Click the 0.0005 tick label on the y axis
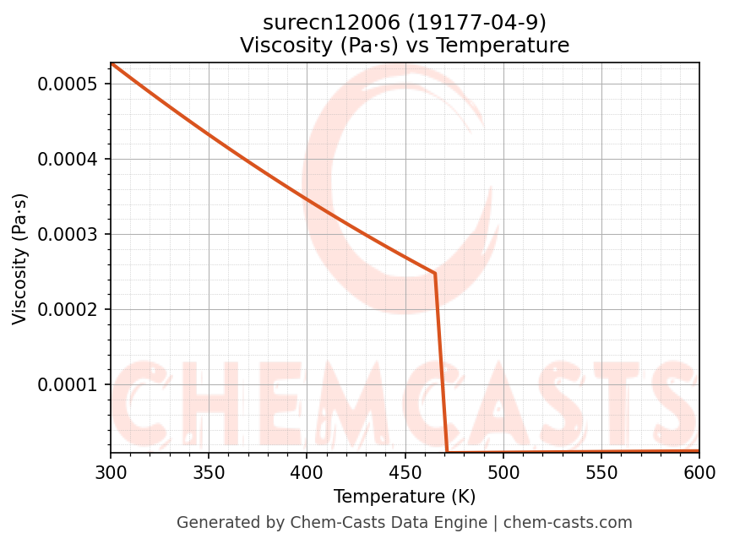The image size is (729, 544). tap(68, 84)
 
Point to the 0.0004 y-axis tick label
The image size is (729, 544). tap(68, 160)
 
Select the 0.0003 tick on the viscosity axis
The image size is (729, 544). tap(68, 235)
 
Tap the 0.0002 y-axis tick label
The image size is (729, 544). tap(68, 310)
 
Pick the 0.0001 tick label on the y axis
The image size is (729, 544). tap(68, 385)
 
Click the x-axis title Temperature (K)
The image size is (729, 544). tap(405, 497)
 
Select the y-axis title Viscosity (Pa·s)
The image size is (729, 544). tap(20, 258)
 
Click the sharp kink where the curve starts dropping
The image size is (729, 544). tap(435, 274)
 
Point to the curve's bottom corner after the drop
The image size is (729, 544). tap(447, 453)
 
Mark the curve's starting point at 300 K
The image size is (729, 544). tap(112, 63)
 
